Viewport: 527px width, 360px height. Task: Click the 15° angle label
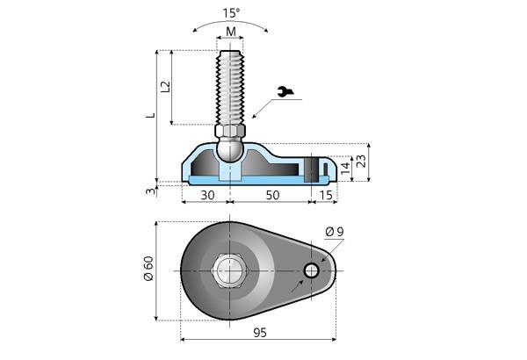pos(230,13)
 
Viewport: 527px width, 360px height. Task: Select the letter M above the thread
pos(230,32)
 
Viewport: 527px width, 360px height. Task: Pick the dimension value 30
pos(208,194)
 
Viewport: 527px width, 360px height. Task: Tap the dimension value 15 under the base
pos(324,194)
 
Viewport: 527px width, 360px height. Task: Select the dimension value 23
pos(361,162)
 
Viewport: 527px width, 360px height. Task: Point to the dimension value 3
pos(150,190)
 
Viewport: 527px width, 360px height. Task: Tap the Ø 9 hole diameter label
pos(334,231)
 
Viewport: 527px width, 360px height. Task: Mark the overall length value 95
pos(259,332)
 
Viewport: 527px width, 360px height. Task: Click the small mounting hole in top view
pos(311,270)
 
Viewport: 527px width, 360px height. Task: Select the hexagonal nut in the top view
pos(230,270)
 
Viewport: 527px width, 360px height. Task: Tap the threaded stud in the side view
pos(230,88)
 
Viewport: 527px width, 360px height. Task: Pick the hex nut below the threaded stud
pos(230,132)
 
